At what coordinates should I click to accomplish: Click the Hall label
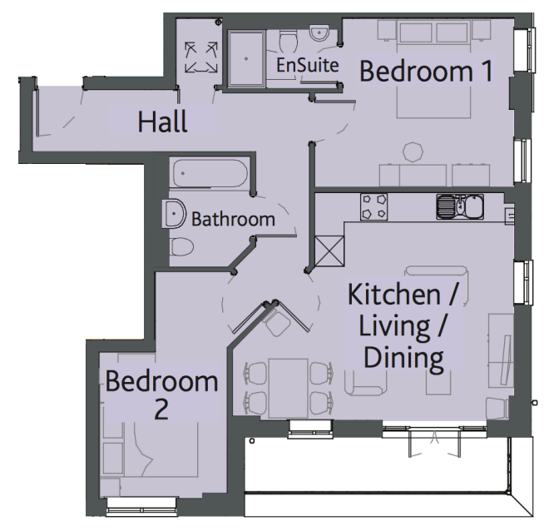pyautogui.click(x=162, y=122)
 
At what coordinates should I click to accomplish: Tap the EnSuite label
pyautogui.click(x=308, y=65)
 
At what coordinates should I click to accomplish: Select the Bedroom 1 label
pyautogui.click(x=426, y=71)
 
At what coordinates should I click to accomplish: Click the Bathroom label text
pyautogui.click(x=233, y=220)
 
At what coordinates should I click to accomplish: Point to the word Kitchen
pyautogui.click(x=394, y=295)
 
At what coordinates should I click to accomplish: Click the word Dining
pyautogui.click(x=403, y=358)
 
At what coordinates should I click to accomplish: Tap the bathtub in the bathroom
pyautogui.click(x=210, y=173)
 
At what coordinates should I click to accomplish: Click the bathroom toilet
pyautogui.click(x=182, y=247)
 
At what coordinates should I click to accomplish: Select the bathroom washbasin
pyautogui.click(x=174, y=213)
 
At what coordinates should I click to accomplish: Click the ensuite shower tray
pyautogui.click(x=246, y=58)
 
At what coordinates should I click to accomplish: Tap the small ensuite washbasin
pyautogui.click(x=319, y=33)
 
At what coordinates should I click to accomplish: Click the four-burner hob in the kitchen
pyautogui.click(x=374, y=207)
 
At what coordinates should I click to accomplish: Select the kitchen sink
pyautogui.click(x=460, y=206)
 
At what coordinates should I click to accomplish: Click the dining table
pyautogui.click(x=289, y=388)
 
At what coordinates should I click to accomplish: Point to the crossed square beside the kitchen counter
pyautogui.click(x=329, y=251)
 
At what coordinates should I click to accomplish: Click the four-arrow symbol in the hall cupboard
pyautogui.click(x=200, y=57)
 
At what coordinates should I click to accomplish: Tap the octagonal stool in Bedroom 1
pyautogui.click(x=413, y=152)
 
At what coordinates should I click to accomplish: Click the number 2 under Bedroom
pyautogui.click(x=161, y=409)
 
